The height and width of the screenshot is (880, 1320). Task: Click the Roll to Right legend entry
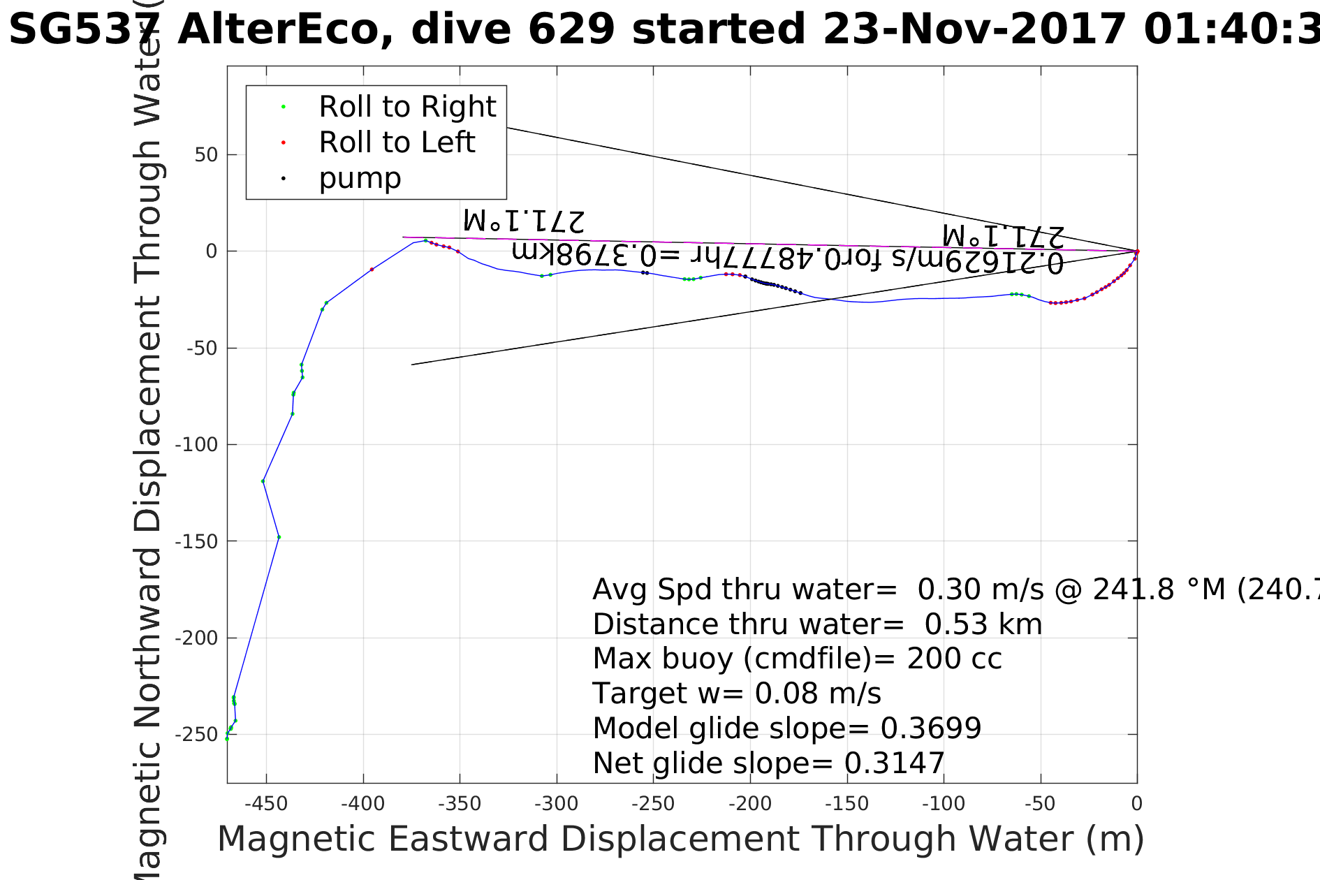pos(406,107)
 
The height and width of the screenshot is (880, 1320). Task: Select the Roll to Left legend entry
pos(396,142)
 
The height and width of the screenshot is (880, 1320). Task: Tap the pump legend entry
pos(360,178)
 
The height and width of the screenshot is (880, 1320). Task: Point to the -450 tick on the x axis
pos(266,804)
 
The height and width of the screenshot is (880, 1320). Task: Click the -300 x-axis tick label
pos(556,804)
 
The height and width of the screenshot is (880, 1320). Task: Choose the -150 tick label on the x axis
pos(846,804)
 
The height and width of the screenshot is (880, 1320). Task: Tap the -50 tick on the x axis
pos(1040,804)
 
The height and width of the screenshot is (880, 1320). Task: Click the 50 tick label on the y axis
pos(206,155)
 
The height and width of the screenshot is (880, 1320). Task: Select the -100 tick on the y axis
pos(196,445)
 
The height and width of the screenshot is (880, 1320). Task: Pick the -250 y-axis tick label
pos(196,735)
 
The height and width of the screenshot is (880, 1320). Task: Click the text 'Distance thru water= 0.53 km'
pos(817,624)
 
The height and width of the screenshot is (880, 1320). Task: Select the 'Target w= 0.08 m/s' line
pos(737,694)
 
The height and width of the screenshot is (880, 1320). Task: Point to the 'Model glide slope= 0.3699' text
pos(786,728)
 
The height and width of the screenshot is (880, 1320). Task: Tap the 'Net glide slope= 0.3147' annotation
pos(768,763)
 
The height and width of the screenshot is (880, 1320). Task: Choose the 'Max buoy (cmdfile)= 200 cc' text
pos(797,659)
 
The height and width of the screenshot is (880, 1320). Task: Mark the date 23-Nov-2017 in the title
pos(974,29)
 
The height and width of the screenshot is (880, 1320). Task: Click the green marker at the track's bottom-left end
pos(227,738)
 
